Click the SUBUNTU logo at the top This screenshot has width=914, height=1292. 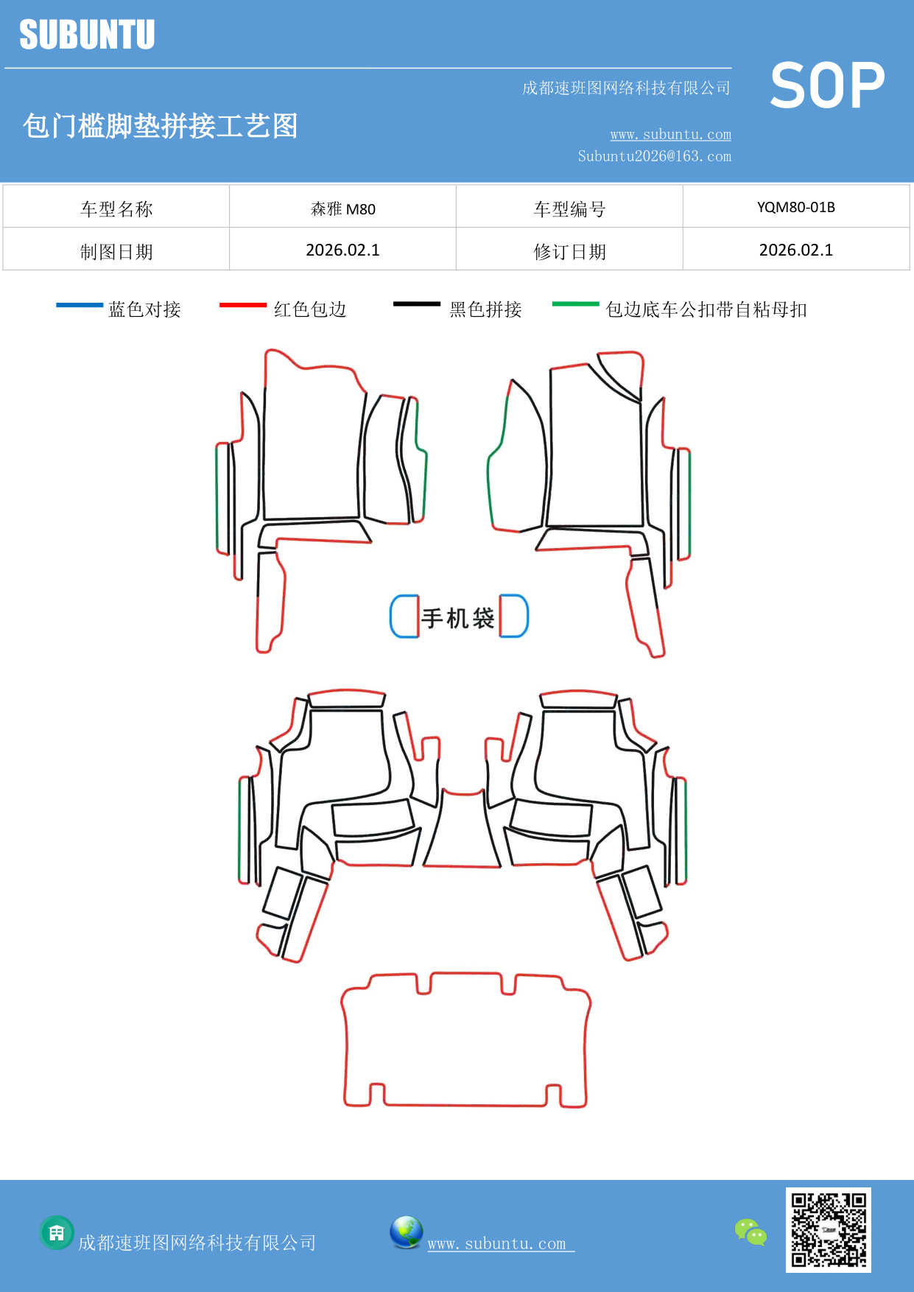pos(87,35)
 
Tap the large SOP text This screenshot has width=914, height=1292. pos(827,85)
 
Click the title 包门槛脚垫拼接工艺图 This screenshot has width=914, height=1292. pos(160,126)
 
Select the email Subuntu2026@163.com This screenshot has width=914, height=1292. pos(654,156)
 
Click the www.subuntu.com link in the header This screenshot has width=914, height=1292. pos(670,134)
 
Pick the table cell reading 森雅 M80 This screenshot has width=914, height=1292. pos(342,208)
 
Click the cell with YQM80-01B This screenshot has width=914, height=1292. pos(795,207)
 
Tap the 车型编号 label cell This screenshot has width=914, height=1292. pos(569,209)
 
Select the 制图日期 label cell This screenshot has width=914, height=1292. pos(116,252)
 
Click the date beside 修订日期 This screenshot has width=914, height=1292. pos(795,250)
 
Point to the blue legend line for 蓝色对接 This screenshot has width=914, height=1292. pos(80,304)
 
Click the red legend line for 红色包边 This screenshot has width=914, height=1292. pos(242,304)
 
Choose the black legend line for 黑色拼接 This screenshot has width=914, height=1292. pos(416,303)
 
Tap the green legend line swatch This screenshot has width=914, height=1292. pos(575,303)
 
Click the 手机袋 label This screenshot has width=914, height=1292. pos(458,617)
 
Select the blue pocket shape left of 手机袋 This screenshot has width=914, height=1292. pos(404,616)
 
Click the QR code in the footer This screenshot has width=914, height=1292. pos(828,1229)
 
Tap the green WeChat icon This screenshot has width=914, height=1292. pos(750,1232)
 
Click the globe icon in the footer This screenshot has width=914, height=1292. pos(406,1232)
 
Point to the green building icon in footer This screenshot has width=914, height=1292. pos(57,1232)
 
